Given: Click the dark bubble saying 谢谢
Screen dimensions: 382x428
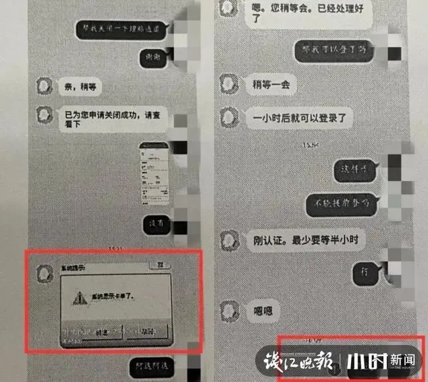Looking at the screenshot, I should point(154,59).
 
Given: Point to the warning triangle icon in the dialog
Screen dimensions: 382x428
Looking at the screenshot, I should point(82,297).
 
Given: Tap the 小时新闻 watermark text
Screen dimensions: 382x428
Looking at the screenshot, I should point(385,361).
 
